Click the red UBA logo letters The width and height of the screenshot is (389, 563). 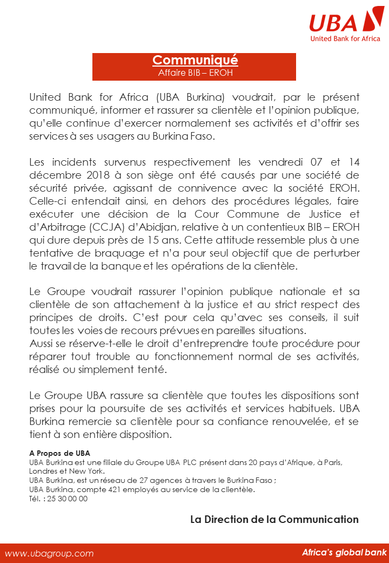click(334, 23)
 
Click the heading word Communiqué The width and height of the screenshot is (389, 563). click(194, 60)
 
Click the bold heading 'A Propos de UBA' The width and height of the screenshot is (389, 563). click(59, 453)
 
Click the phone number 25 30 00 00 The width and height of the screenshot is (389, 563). click(68, 499)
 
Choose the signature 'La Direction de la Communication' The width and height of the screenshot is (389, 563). click(274, 520)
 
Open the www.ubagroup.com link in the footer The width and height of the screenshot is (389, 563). click(49, 553)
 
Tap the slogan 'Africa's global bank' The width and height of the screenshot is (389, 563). click(344, 553)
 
